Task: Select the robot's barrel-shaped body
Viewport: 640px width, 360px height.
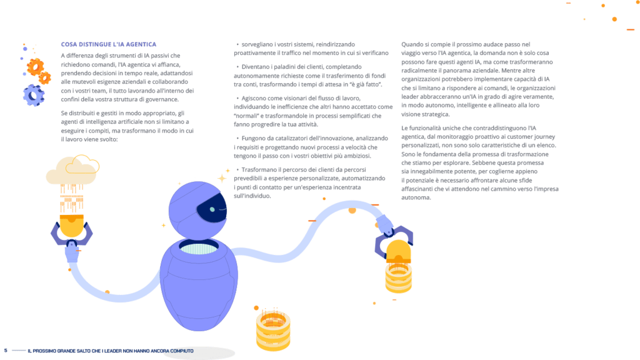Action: (198, 284)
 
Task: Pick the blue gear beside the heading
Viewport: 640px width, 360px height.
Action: (33, 95)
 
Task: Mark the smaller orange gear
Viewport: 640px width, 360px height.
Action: (45, 77)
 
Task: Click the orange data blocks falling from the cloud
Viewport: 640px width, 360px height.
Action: (72, 197)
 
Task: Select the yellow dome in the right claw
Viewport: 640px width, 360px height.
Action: (397, 252)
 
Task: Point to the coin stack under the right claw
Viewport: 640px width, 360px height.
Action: (398, 278)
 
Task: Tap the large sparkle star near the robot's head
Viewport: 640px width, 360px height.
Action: (222, 179)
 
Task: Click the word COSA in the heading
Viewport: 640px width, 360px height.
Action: (69, 44)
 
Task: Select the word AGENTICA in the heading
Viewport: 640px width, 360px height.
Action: (141, 44)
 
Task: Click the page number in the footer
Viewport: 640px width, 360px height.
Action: (6, 351)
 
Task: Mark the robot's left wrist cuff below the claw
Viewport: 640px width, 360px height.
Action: (72, 253)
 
